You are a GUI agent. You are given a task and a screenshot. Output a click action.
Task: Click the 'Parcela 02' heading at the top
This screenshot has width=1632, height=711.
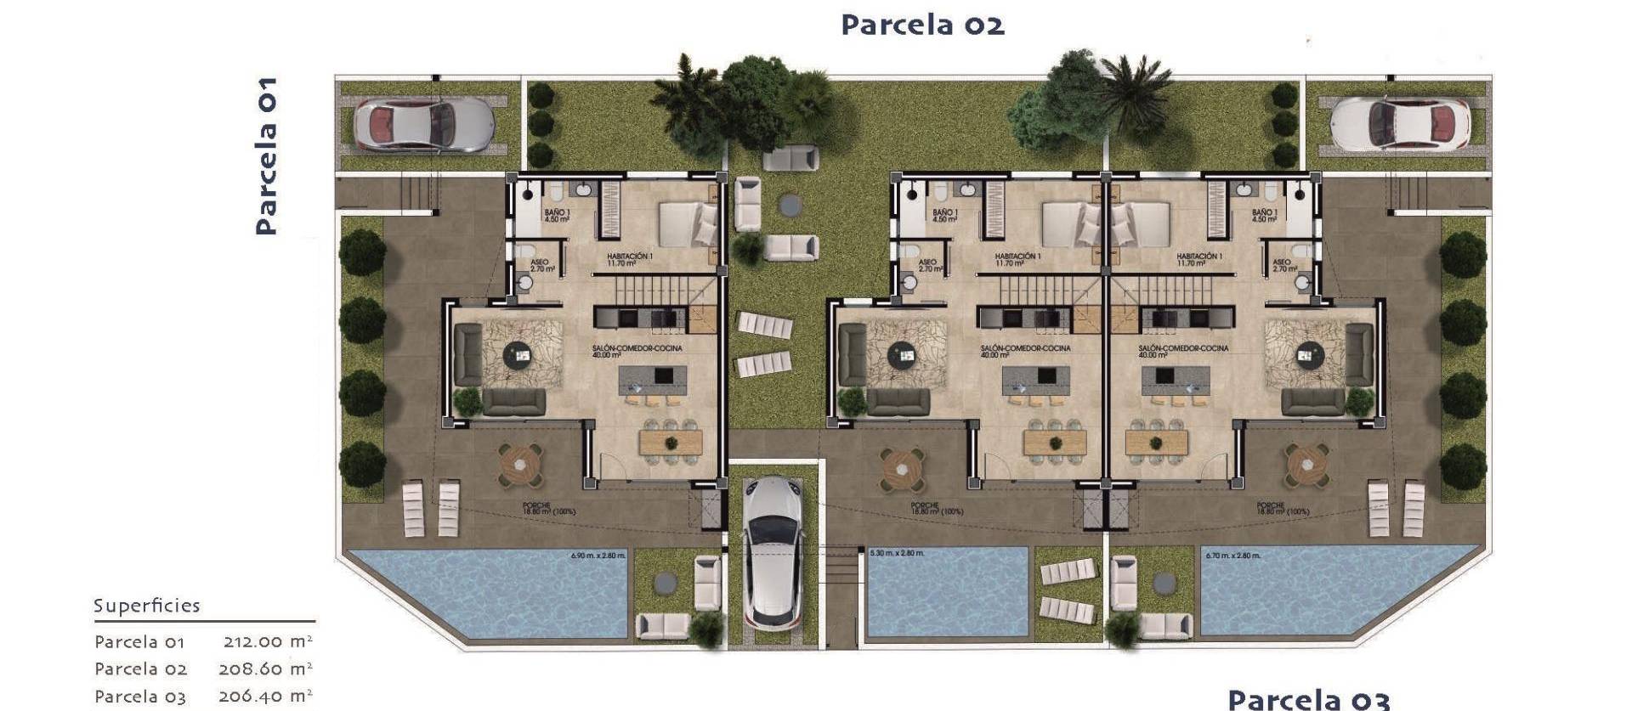(x=922, y=25)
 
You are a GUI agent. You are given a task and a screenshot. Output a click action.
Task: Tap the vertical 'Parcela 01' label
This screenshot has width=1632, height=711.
(x=266, y=155)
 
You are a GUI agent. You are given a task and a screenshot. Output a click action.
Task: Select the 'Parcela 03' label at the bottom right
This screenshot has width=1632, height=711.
(x=1308, y=699)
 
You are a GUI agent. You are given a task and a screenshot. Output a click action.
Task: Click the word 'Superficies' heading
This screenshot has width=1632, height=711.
(x=147, y=606)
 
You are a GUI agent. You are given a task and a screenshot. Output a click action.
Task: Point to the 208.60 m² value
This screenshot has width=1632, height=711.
(x=266, y=669)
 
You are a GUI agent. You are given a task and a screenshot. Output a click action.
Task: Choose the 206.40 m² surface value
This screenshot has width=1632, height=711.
(x=266, y=696)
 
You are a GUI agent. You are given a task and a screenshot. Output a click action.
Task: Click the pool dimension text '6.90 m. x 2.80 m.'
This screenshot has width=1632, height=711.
(x=598, y=556)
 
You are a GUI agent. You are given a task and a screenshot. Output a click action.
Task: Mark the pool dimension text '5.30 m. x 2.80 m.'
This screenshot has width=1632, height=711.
(x=897, y=554)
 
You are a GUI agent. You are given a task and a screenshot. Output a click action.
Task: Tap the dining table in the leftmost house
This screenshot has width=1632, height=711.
(x=671, y=442)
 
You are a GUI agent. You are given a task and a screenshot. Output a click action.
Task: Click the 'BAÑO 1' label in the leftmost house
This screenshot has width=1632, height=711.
(x=557, y=216)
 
